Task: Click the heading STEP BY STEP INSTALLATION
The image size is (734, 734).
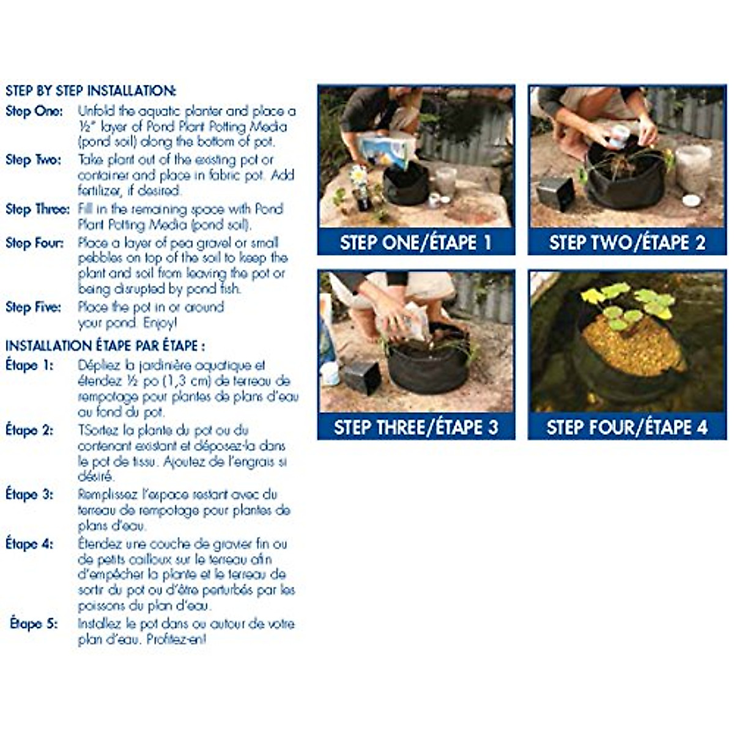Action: pyautogui.click(x=91, y=91)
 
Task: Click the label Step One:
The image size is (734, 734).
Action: pyautogui.click(x=34, y=111)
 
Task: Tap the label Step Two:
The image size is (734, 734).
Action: pyautogui.click(x=34, y=160)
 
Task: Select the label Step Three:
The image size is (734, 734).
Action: pyautogui.click(x=37, y=209)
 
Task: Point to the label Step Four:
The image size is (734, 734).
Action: pyautogui.click(x=34, y=243)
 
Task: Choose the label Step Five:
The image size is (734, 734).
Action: pyautogui.click(x=33, y=307)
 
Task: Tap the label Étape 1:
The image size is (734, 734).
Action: pyautogui.click(x=29, y=366)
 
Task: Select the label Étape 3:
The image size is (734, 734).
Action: pyautogui.click(x=29, y=494)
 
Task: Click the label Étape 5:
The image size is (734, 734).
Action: pyautogui.click(x=34, y=625)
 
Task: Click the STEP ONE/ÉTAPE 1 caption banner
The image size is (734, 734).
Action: pyautogui.click(x=416, y=243)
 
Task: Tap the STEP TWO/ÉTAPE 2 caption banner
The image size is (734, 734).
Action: pyautogui.click(x=627, y=243)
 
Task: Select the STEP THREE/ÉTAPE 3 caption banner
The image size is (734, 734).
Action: pyautogui.click(x=416, y=427)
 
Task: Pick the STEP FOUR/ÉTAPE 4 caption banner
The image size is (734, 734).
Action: pyautogui.click(x=627, y=427)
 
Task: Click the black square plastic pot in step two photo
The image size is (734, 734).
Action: pyautogui.click(x=555, y=193)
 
